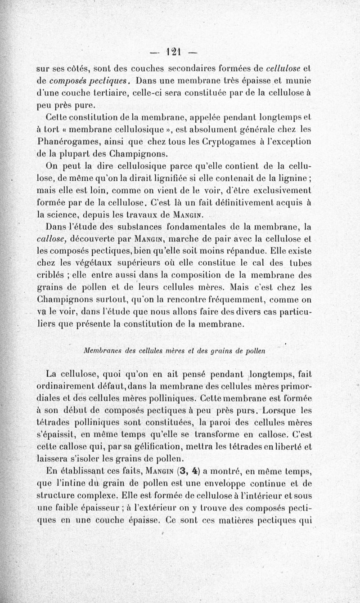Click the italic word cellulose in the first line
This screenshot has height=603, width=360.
pyautogui.click(x=286, y=69)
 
